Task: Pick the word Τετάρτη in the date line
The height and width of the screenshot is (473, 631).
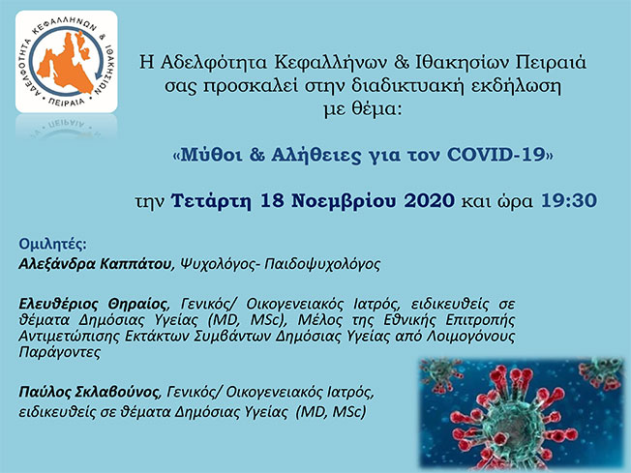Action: pyautogui.click(x=210, y=201)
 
